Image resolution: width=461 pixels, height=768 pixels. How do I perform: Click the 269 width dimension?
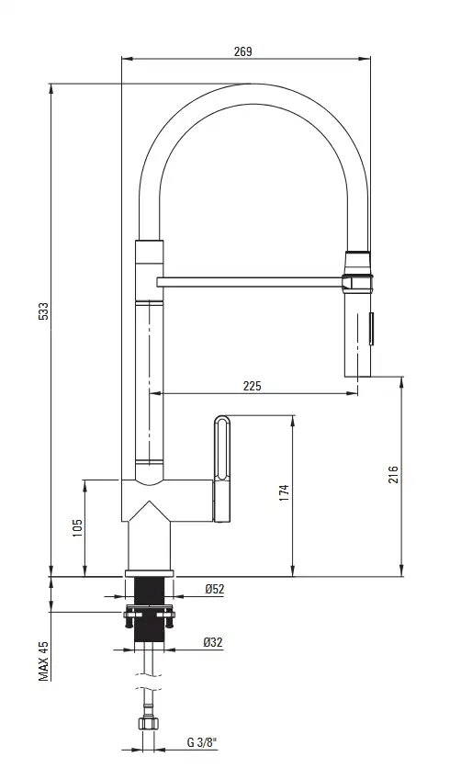[242, 51]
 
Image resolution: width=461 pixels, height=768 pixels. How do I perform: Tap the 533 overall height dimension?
[44, 311]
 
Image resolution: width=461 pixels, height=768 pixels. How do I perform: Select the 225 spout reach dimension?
[252, 386]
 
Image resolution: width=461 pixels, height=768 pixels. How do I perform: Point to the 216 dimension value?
[393, 475]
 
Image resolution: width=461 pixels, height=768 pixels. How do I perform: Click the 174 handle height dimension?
[284, 492]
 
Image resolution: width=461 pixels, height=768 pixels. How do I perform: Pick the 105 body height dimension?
[77, 528]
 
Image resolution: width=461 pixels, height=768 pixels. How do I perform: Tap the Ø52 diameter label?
[215, 589]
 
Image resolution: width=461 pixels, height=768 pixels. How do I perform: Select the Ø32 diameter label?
[213, 641]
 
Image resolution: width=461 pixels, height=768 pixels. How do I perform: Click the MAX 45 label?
[44, 661]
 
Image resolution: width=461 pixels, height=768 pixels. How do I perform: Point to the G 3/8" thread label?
[202, 742]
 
